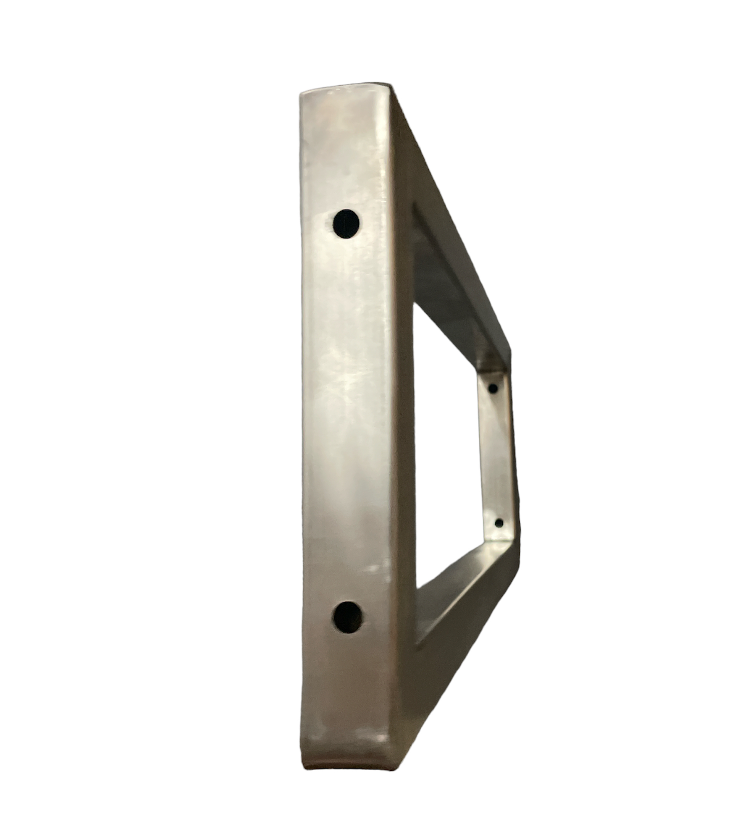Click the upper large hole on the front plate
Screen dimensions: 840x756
pyautogui.click(x=346, y=223)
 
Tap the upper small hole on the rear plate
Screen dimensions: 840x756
pyautogui.click(x=494, y=388)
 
